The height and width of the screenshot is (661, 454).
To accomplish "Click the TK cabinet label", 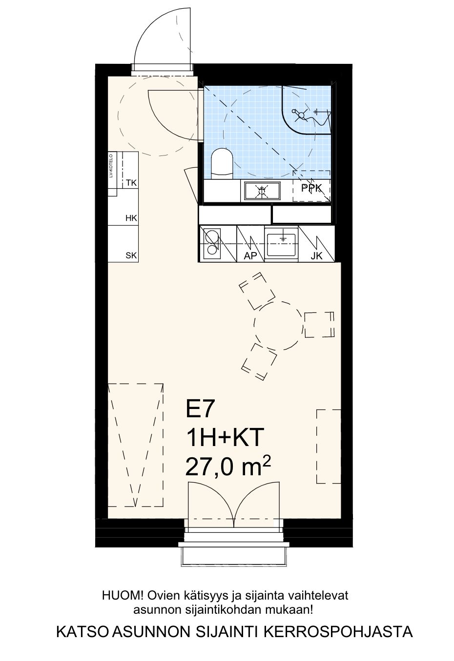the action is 131,183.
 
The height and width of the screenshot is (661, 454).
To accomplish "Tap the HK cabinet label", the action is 131,218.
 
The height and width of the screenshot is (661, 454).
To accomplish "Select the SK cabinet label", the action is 131,255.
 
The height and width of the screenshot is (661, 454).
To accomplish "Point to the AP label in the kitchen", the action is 250,256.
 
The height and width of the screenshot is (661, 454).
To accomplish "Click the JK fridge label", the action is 316,256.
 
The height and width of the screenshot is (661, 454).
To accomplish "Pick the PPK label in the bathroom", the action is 311,188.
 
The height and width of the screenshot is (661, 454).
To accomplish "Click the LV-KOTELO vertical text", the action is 111,166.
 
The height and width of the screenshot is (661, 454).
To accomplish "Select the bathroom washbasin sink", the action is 262,191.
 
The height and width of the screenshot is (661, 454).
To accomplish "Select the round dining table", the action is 278,326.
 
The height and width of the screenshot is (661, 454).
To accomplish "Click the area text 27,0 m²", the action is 228,466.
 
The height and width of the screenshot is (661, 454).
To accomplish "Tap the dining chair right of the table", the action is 319,325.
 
